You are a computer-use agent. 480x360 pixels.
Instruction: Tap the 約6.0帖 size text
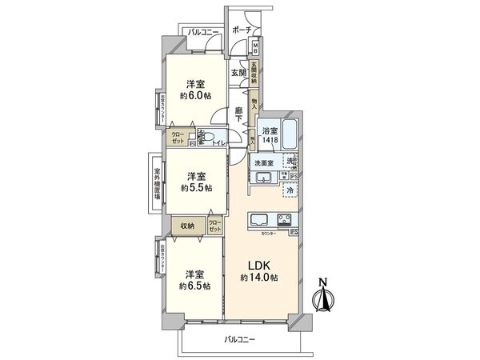click(x=196, y=95)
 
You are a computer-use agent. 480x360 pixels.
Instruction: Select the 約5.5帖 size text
click(x=196, y=187)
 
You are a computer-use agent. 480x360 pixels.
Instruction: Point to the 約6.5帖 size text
click(x=195, y=285)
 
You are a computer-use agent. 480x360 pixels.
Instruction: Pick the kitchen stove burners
click(x=286, y=220)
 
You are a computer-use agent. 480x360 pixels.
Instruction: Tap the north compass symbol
click(x=325, y=297)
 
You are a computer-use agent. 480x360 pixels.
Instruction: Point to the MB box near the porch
click(x=255, y=46)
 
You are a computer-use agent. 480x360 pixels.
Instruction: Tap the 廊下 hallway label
click(x=239, y=115)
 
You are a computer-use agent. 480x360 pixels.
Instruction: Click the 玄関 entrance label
click(x=238, y=73)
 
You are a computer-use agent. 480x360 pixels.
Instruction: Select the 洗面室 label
click(x=264, y=162)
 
